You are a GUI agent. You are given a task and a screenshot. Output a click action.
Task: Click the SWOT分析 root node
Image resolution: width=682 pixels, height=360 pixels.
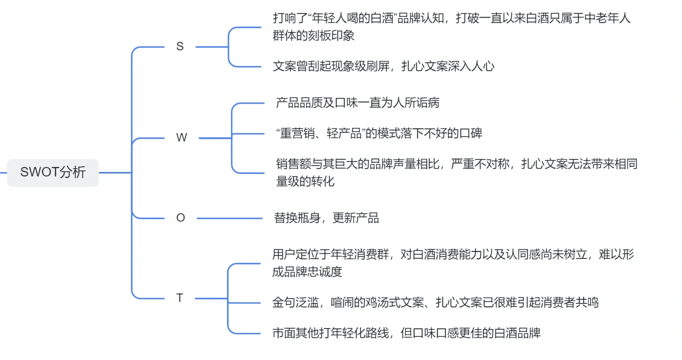pos(53,173)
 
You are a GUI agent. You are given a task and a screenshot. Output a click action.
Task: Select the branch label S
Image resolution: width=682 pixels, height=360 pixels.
pos(180,47)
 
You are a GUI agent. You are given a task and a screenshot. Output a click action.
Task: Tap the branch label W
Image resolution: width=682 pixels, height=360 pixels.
pos(182,138)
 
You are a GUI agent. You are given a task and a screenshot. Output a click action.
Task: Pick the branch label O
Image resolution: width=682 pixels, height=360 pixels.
pos(180,218)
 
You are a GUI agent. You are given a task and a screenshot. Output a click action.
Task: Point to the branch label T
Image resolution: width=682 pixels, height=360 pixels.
pos(180,298)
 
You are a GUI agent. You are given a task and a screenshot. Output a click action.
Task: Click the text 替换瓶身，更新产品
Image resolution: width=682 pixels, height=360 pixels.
pos(326,218)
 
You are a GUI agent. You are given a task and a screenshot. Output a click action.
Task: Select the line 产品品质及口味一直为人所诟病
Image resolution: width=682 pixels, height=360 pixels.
pos(358,103)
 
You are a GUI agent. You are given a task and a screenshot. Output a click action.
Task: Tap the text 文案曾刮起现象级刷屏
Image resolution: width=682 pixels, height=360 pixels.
pos(331,66)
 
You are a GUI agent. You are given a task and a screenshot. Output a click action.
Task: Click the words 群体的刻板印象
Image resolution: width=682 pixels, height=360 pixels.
pos(313,36)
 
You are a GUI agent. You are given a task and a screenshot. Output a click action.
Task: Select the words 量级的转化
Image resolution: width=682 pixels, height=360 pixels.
pos(305,181)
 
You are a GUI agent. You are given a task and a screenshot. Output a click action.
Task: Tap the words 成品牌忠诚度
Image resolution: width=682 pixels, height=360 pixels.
pos(307,272)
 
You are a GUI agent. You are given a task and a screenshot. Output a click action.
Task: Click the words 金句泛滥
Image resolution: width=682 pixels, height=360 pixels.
pos(295,303)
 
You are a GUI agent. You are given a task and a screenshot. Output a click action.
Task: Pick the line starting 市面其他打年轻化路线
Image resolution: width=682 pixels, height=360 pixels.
pos(406,333)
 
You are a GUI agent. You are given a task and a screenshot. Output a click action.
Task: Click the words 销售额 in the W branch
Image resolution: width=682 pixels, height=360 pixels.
pos(293,164)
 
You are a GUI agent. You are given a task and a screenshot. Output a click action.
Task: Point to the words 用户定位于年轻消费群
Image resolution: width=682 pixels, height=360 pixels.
pos(330,254)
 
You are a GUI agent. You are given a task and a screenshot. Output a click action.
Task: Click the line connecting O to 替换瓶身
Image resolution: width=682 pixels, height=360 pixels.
pos(229,218)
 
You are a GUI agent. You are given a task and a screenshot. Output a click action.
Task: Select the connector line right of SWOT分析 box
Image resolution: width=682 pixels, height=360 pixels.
pos(115,173)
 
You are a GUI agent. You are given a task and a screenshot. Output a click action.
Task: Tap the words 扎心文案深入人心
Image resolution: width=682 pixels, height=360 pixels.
pos(448,66)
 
